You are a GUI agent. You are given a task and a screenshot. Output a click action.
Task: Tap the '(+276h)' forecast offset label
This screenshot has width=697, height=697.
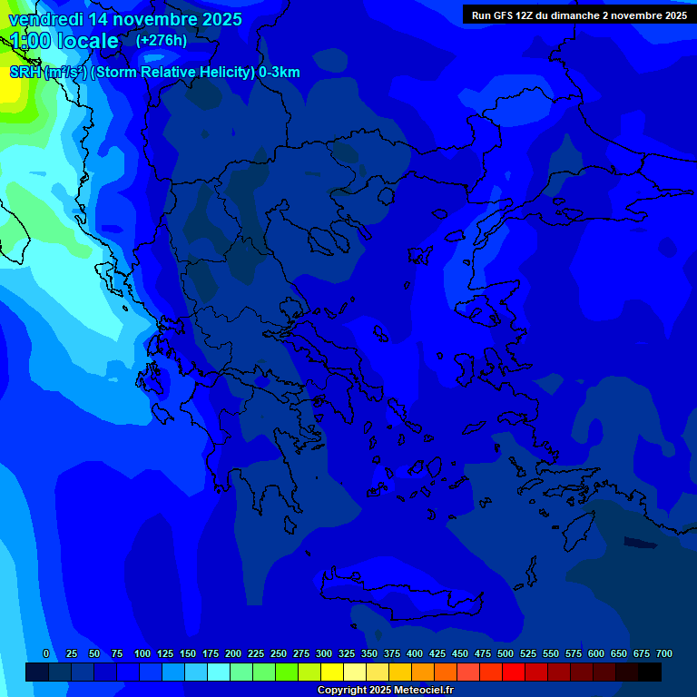[162, 40]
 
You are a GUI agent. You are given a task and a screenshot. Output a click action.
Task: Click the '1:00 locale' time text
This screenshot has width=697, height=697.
[64, 41]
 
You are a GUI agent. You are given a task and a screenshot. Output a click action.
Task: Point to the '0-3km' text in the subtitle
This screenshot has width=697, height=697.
[279, 73]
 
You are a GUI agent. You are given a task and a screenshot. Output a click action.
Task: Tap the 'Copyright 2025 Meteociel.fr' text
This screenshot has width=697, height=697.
[385, 691]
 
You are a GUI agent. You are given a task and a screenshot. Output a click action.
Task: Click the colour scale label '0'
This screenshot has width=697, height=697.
[46, 653]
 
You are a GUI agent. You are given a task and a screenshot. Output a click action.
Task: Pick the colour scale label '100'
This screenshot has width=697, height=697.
[142, 653]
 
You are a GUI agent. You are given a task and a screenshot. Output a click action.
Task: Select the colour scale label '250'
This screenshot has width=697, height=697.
[279, 653]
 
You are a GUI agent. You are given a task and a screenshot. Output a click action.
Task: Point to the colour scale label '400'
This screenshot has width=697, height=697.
[415, 653]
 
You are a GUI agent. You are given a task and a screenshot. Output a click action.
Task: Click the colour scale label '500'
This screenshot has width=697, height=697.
[506, 653]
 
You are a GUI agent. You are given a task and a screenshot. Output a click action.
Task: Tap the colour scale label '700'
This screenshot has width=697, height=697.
[664, 653]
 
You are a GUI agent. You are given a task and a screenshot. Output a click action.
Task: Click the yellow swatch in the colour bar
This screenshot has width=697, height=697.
[332, 672]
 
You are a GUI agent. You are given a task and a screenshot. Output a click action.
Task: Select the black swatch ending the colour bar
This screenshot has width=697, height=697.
[650, 672]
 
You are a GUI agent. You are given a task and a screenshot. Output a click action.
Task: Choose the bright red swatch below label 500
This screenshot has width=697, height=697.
[514, 672]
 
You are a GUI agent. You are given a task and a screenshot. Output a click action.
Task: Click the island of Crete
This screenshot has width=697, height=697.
[408, 594]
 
